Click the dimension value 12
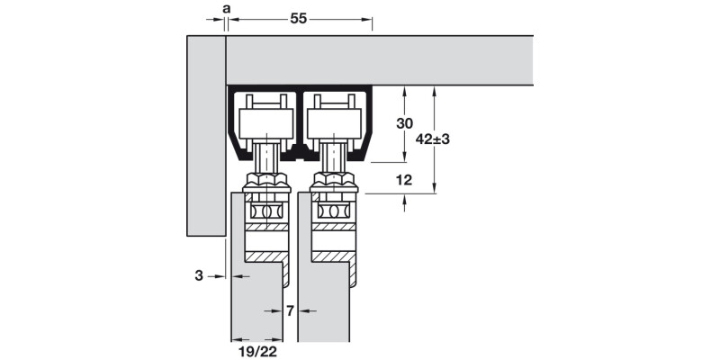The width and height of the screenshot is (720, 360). point(403,180)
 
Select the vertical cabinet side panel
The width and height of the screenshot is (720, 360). point(204,135)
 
